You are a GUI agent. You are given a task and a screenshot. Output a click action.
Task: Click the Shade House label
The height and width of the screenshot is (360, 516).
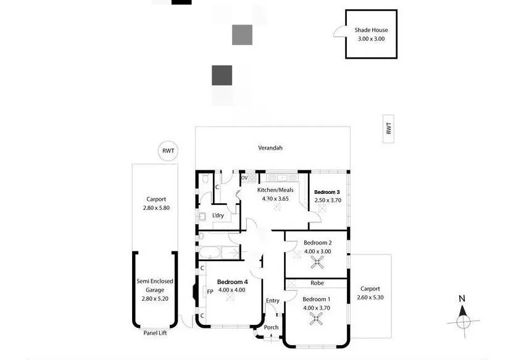click(x=371, y=30)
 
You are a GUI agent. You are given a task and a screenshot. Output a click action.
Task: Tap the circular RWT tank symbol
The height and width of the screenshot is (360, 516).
click(x=168, y=151)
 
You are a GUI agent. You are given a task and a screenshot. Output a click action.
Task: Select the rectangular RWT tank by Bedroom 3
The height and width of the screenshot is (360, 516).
click(x=388, y=129)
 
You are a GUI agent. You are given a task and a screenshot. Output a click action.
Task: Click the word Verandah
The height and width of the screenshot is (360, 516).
click(x=270, y=148)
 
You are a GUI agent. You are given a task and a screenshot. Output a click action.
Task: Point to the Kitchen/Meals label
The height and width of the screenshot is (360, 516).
click(x=275, y=190)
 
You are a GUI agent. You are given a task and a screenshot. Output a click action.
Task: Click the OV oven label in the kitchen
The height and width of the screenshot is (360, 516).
click(x=244, y=178)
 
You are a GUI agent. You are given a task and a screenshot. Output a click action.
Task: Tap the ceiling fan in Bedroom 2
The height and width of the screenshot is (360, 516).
click(x=317, y=262)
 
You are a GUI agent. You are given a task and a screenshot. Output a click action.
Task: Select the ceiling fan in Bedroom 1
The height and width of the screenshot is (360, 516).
click(x=316, y=319)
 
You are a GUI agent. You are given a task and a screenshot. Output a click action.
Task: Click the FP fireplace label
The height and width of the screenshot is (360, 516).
click(x=210, y=291)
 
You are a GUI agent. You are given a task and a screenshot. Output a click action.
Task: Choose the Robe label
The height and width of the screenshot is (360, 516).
click(x=317, y=283)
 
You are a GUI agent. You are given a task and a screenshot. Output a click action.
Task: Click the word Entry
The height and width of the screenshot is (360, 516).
click(x=273, y=300)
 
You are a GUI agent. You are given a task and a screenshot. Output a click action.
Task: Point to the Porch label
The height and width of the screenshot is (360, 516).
click(x=271, y=327)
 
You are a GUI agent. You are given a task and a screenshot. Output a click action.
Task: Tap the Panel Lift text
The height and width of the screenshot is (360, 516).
click(x=155, y=333)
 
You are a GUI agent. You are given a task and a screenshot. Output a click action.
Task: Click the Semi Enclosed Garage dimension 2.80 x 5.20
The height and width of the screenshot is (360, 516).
click(x=155, y=299)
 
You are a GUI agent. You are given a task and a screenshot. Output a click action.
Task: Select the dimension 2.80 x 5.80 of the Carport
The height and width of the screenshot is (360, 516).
click(x=156, y=208)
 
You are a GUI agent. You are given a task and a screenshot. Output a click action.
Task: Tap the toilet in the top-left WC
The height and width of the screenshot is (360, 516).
click(x=206, y=178)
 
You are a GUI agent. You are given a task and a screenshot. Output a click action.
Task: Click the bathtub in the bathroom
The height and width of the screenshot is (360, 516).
click(x=210, y=253)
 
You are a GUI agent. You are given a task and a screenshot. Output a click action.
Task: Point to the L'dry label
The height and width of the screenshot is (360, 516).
click(x=218, y=216)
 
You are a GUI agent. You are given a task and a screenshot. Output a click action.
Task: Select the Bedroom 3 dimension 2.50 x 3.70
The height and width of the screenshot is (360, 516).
click(x=328, y=200)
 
